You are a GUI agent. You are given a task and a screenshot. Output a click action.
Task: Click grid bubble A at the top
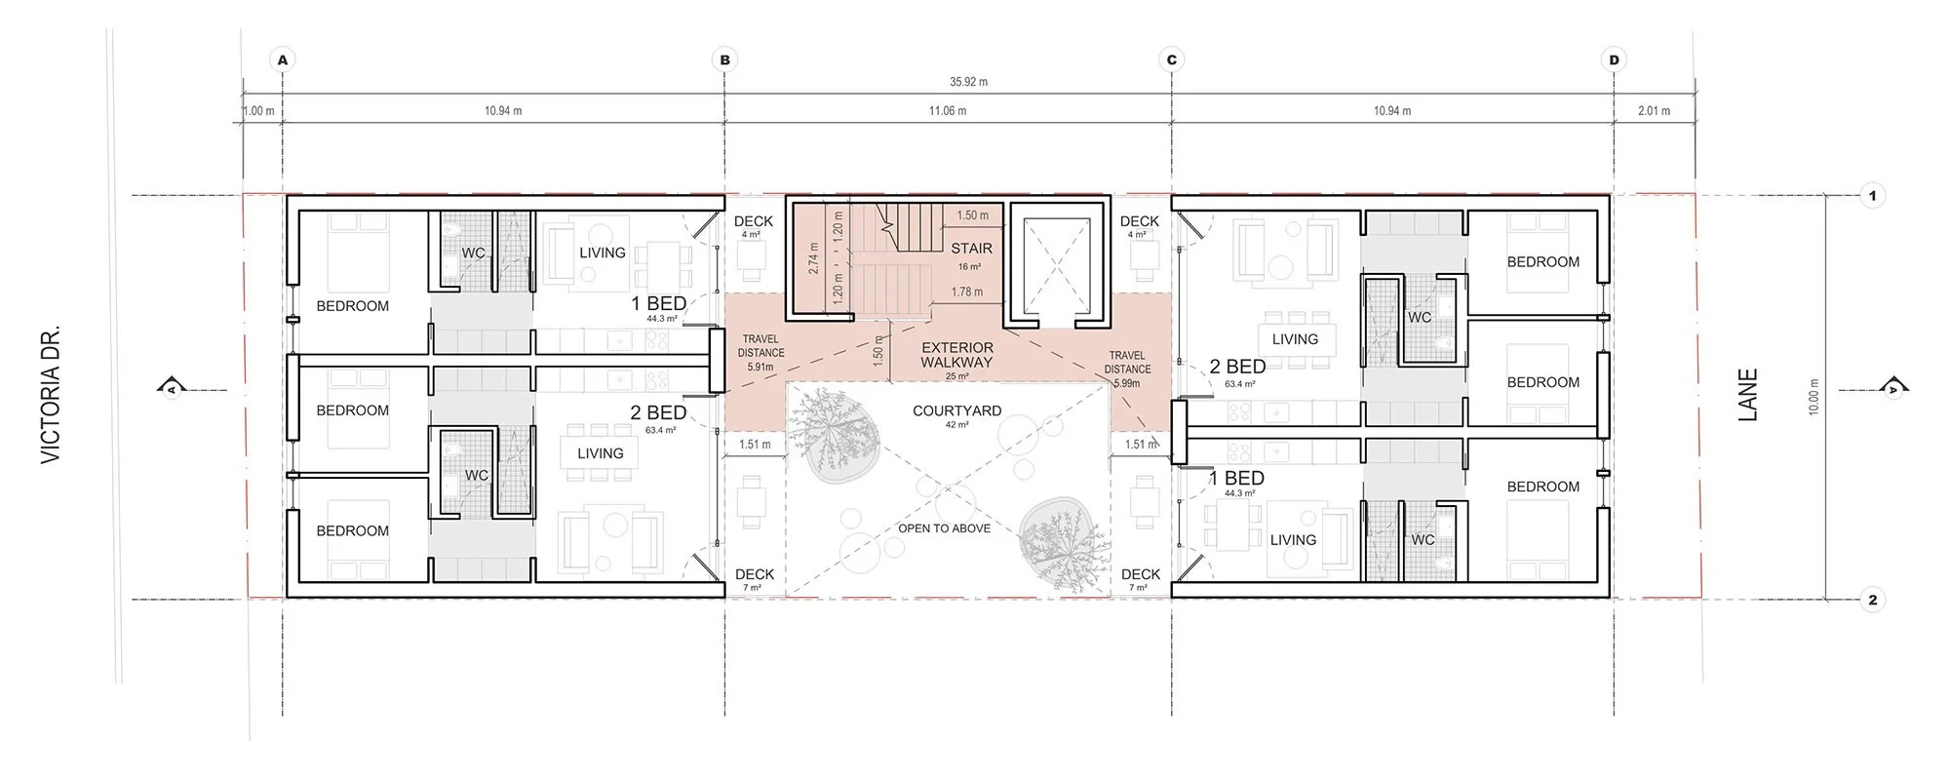point(283,59)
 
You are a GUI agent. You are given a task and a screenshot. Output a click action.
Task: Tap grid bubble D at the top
point(1614,59)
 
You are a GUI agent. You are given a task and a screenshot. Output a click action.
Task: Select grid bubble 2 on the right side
point(1872,600)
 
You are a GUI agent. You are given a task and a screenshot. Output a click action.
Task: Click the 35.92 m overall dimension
point(968,82)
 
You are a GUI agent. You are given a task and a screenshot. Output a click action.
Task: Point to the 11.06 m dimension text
point(948,111)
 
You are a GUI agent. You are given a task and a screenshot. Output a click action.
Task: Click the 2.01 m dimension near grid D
point(1654,111)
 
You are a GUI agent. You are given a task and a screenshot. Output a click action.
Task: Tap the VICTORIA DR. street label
point(52,394)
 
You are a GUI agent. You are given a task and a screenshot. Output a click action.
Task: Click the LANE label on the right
point(1748,394)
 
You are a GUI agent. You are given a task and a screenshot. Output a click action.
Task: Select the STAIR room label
point(971,249)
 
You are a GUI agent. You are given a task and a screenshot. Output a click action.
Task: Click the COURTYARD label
point(956,410)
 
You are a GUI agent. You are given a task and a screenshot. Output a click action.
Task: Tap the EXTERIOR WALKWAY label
point(956,354)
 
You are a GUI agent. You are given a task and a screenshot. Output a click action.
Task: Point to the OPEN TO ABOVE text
point(944,528)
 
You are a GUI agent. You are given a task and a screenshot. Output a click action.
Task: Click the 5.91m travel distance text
point(760,368)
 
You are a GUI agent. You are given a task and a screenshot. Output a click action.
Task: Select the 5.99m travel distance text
point(1126,383)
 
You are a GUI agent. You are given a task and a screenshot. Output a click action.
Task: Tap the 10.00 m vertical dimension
point(1813,397)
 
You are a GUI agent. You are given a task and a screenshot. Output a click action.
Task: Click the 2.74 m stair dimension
point(814,257)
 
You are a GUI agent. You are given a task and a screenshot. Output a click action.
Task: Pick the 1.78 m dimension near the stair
point(967,292)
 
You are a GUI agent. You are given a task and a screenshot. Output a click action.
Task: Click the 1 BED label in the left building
point(658,303)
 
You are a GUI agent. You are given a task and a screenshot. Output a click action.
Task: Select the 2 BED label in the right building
point(1237,367)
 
